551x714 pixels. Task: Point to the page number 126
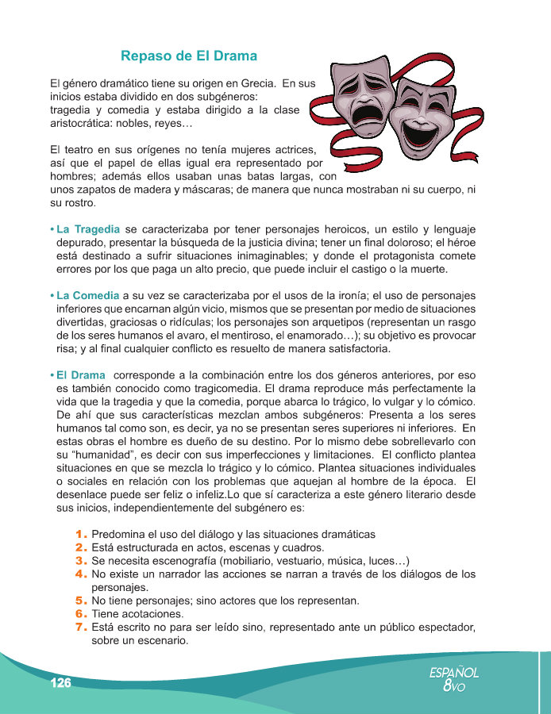tap(60, 684)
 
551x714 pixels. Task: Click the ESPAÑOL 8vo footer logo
tap(453, 679)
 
